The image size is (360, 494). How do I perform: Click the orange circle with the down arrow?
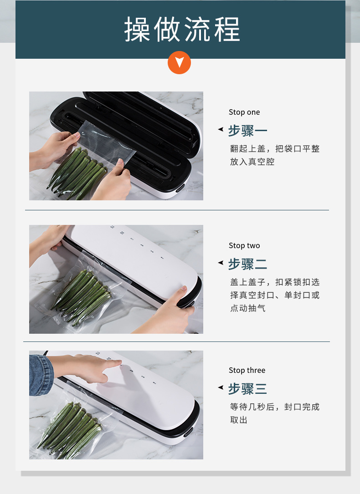coord(179,63)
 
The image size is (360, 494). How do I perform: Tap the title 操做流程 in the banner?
coord(182,29)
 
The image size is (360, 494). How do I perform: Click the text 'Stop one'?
coord(244,112)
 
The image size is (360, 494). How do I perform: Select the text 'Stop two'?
coord(244,245)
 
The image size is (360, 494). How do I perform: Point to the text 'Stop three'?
coord(247,370)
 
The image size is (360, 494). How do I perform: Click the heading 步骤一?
coord(247,131)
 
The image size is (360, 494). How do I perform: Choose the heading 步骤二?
coord(247,264)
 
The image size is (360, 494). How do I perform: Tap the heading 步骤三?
coord(247,389)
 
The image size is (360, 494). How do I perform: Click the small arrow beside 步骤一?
coord(221,129)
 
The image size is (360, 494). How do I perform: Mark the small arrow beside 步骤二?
coord(221,262)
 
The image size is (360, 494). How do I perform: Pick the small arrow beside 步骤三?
coord(221,387)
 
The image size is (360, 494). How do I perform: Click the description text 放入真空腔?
coord(252,162)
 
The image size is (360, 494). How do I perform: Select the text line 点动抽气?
coord(248,308)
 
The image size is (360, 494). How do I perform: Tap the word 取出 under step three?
coord(239,420)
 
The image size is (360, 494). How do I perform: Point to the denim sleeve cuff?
coord(41,375)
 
